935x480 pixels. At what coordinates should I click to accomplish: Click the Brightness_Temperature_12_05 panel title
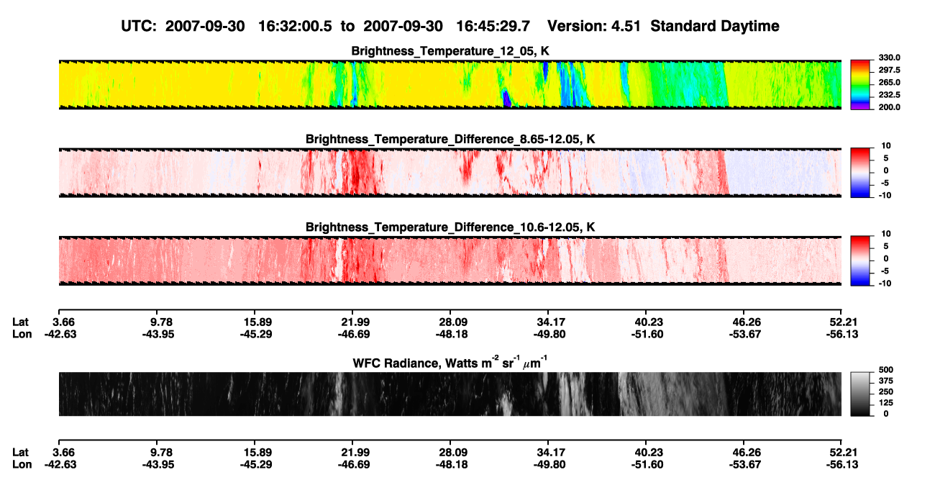coord(450,51)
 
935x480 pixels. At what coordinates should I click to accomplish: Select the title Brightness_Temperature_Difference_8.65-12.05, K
coord(450,139)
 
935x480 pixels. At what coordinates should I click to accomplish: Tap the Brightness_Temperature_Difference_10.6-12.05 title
coord(450,227)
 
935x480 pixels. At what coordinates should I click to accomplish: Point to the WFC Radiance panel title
coord(450,362)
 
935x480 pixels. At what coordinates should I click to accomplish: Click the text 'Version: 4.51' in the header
coord(593,26)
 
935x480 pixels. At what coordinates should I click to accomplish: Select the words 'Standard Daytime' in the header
coord(715,26)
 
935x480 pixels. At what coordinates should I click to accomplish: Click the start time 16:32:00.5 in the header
coord(295,26)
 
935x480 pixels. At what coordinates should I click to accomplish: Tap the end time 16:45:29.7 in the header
coord(493,26)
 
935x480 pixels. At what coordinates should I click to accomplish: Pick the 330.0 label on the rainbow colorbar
coord(889,58)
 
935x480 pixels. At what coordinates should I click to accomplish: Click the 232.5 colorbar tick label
coord(889,95)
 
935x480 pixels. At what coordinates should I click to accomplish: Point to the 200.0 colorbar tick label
coord(889,107)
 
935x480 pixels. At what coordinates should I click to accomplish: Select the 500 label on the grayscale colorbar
coord(886,370)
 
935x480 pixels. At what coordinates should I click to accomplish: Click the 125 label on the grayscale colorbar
coord(886,403)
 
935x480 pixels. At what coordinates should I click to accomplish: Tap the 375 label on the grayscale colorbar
coord(886,381)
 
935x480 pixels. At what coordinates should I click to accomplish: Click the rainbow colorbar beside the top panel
coord(860,85)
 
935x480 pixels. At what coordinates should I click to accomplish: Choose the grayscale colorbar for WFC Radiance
coord(860,394)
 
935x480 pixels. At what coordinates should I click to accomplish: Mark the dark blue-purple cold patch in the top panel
coord(506,99)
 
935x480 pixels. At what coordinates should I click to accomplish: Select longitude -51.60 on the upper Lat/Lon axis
coord(647,334)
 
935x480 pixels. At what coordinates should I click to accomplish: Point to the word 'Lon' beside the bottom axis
coord(22,465)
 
